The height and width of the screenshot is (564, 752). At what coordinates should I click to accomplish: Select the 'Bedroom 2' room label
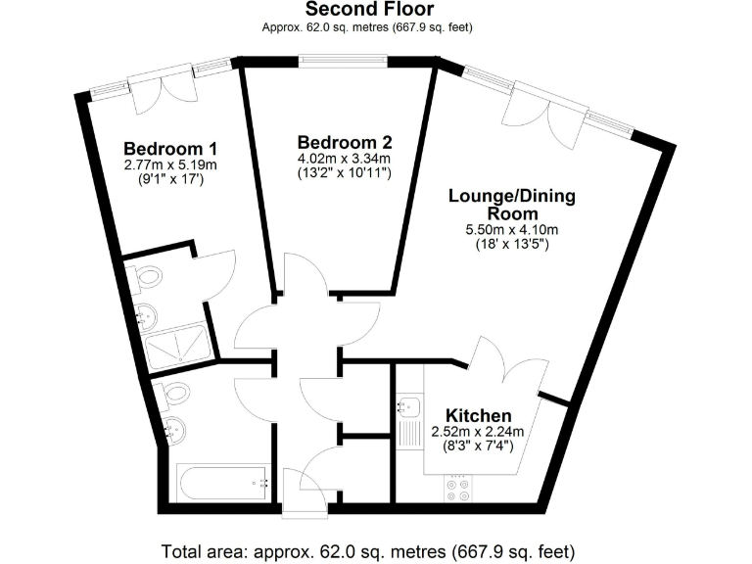(344, 140)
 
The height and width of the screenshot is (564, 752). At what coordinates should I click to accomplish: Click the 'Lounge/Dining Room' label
(511, 205)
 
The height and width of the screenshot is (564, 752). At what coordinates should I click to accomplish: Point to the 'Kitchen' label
(479, 414)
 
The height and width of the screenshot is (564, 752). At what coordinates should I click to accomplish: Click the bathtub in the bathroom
(223, 484)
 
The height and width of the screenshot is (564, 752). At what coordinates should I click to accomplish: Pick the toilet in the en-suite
(147, 280)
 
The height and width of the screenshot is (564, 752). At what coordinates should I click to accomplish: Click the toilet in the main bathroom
(176, 394)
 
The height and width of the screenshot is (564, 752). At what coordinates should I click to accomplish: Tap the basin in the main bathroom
(177, 428)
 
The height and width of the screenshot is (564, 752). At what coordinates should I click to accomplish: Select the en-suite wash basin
(148, 315)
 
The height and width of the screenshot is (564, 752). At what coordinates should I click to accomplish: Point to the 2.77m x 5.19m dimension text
(169, 165)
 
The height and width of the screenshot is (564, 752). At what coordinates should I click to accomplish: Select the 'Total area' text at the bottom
(367, 549)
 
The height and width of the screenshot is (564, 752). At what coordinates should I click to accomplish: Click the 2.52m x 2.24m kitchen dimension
(479, 431)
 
